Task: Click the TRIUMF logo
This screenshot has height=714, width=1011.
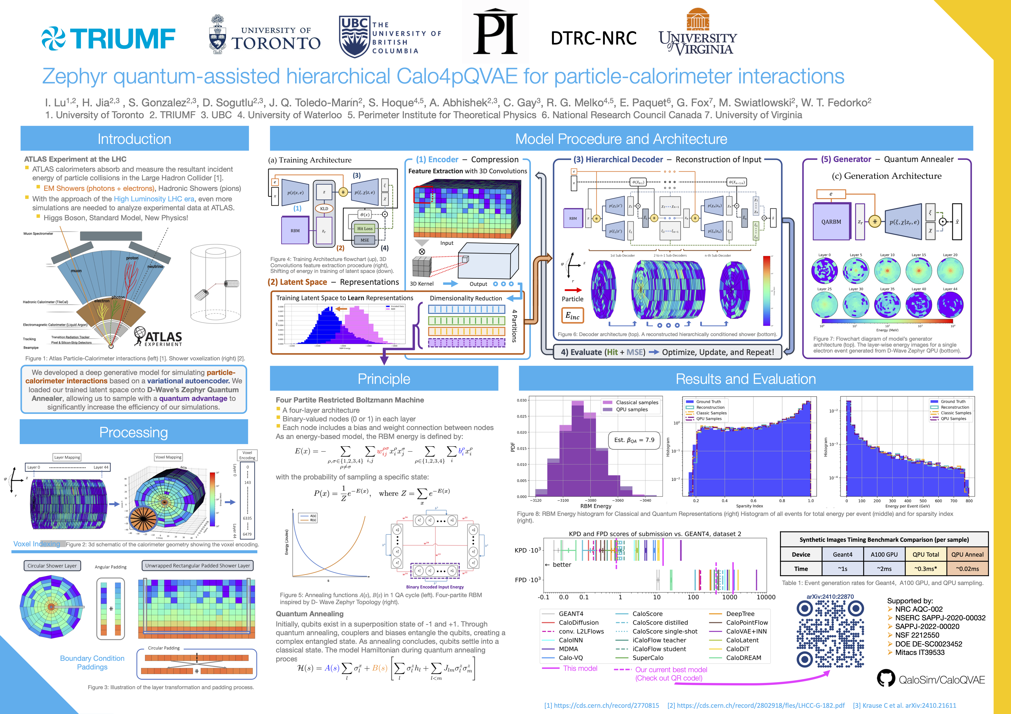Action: click(x=108, y=39)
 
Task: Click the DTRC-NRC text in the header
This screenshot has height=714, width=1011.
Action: click(x=594, y=38)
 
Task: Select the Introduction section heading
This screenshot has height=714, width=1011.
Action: click(x=134, y=139)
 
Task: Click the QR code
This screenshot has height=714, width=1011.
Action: click(x=830, y=634)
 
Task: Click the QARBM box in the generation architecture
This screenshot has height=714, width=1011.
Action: click(x=831, y=222)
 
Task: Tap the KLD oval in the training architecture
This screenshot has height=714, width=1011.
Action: click(x=324, y=209)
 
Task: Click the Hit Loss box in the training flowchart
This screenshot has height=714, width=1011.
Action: click(x=365, y=228)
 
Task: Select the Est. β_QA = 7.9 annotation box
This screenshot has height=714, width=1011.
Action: click(x=634, y=440)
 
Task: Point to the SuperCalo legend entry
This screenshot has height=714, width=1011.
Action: click(x=648, y=658)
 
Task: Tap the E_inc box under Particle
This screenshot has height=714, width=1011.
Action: click(x=572, y=316)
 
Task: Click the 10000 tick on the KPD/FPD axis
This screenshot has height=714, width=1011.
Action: click(x=766, y=597)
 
